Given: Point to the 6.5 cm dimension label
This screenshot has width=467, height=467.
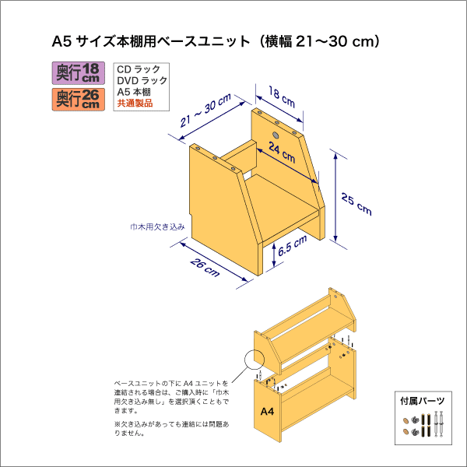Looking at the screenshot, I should [x=292, y=248].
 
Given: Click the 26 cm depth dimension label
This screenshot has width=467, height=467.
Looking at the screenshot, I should [x=204, y=266].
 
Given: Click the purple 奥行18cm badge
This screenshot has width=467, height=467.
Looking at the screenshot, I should [x=79, y=74].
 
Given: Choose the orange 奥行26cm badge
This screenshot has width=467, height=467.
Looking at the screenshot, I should [x=79, y=99].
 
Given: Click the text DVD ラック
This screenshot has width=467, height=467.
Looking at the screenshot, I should [x=141, y=81].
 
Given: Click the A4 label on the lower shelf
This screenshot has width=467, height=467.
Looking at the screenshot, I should [x=266, y=411].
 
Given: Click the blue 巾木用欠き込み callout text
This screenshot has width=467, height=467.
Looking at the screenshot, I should [x=156, y=227].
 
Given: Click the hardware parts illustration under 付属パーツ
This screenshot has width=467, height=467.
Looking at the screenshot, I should [x=425, y=426].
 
